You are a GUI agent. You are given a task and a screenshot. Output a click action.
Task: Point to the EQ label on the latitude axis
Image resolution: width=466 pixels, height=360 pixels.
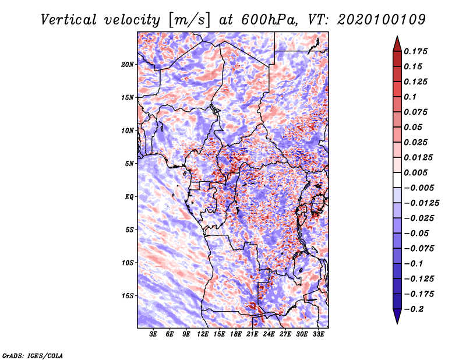coord(129,196)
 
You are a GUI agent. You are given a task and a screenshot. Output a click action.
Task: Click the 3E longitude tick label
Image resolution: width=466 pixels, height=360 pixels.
coord(153,335)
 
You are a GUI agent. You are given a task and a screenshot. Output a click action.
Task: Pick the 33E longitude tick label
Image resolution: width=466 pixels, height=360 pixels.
coord(318,335)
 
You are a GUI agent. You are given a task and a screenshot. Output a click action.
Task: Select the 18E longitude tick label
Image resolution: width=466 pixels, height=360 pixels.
coord(236,335)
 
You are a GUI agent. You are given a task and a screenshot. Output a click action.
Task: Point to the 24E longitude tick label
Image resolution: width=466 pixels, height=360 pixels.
coord(269,335)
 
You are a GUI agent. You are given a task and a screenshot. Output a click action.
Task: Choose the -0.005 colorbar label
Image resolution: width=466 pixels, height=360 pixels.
coord(419,188)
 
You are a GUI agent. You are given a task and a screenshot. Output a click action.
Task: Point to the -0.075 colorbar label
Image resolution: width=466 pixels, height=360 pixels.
coord(419,248)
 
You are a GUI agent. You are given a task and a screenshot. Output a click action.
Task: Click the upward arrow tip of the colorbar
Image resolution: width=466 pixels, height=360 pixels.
coord(397,38)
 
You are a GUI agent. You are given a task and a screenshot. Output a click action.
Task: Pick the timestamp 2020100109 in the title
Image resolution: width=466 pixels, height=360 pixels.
coord(377,19)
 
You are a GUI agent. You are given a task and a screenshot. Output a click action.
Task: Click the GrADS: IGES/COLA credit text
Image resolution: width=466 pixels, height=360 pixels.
coord(32,355)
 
